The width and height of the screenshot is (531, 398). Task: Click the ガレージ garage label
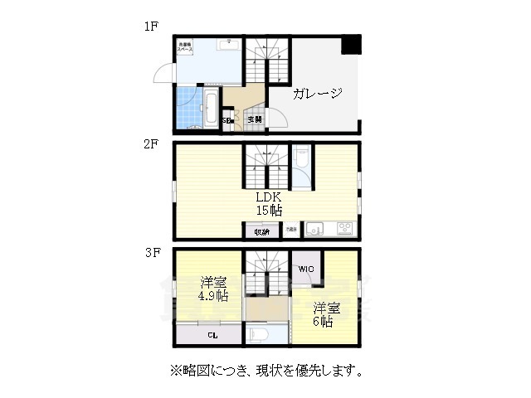click(x=317, y=94)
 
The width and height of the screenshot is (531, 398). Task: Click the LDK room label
click(x=268, y=197)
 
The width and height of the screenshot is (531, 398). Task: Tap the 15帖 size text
click(x=268, y=211)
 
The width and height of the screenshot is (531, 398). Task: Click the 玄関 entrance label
click(x=254, y=119)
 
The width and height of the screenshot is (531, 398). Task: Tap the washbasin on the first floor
click(x=228, y=41)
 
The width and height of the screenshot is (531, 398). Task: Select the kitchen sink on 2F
click(x=314, y=228)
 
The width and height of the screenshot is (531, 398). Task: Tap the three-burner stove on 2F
click(x=343, y=228)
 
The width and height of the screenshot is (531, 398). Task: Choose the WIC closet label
click(x=304, y=269)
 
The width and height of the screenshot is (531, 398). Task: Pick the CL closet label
click(x=212, y=336)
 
